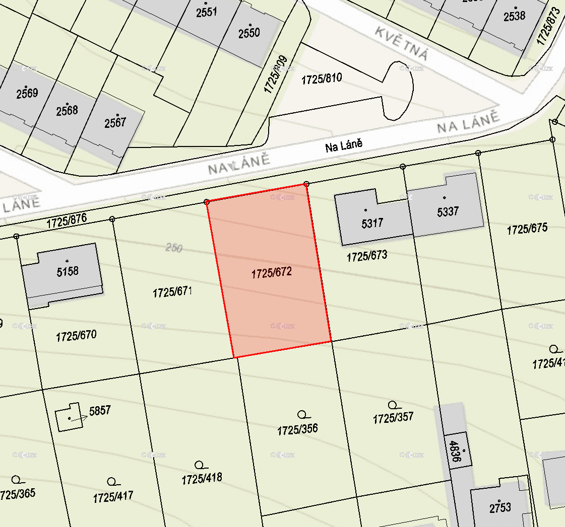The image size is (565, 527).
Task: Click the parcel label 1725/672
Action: pyautogui.click(x=272, y=273)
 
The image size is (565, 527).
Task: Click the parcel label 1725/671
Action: pyautogui.click(x=173, y=292)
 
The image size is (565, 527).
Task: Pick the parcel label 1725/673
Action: pyautogui.click(x=367, y=256)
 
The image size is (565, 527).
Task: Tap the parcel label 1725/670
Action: pyautogui.click(x=76, y=336)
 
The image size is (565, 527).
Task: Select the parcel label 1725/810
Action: pyautogui.click(x=322, y=79)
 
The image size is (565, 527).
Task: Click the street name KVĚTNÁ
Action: pyautogui.click(x=402, y=43)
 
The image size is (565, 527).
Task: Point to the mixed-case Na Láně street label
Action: pyautogui.click(x=344, y=146)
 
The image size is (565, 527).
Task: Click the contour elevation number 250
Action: pyautogui.click(x=173, y=248)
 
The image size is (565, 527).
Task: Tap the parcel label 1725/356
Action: pyautogui.click(x=297, y=430)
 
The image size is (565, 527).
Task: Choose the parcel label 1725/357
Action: pyautogui.click(x=393, y=417)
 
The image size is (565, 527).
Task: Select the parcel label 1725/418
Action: pyautogui.click(x=202, y=478)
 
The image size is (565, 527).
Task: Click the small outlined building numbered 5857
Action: pyautogui.click(x=69, y=417)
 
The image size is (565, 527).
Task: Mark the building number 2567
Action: pyautogui.click(x=115, y=122)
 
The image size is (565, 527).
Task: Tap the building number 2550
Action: pyautogui.click(x=249, y=33)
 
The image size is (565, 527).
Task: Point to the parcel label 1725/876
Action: pyautogui.click(x=67, y=221)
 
